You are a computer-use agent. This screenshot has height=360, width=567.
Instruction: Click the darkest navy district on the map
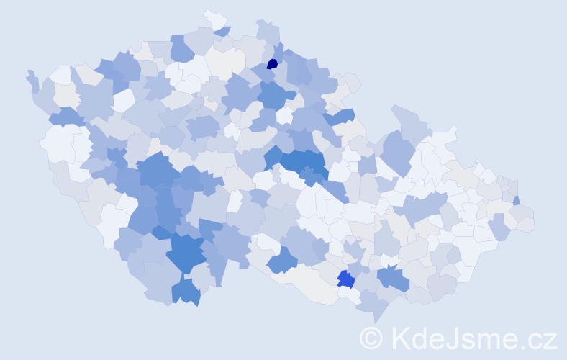[272, 63]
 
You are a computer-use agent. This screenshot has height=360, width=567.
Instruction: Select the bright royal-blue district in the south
[345, 279]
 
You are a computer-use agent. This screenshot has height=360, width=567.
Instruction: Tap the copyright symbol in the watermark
[371, 338]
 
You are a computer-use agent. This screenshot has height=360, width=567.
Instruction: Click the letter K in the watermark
[399, 338]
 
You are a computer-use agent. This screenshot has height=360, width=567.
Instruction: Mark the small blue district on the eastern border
[517, 200]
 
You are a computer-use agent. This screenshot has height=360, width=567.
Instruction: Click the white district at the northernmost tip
[214, 17]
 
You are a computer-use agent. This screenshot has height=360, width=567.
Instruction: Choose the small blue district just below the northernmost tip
[223, 31]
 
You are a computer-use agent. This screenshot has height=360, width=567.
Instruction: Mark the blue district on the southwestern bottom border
[185, 292]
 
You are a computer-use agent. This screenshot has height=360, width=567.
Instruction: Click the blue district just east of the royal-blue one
[393, 277]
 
